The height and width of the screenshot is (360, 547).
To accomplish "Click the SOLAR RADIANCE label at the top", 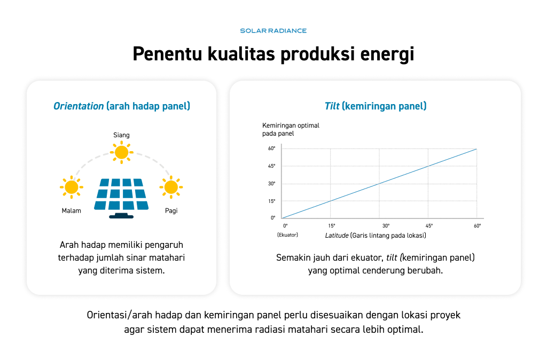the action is pos(273,30).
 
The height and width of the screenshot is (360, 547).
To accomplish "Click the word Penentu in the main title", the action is pos(167,54).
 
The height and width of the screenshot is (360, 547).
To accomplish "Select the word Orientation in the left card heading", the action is pos(79,106).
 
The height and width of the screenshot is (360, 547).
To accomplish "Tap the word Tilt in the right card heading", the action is pos(332,106).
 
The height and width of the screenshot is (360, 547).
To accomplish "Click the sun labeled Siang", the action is pos(121,152).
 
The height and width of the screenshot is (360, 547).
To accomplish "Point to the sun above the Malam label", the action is pos(72,187).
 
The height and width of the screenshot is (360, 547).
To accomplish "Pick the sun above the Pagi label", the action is pos(171,187).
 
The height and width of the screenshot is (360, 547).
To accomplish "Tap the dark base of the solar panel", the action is pos(121,217).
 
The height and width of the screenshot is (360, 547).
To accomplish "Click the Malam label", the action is pos(71,210).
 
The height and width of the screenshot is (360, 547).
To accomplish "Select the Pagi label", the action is pos(171,210).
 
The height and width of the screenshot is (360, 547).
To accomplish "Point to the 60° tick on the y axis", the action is pos(272,148).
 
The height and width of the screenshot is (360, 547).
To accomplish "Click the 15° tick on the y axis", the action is pos(272,201).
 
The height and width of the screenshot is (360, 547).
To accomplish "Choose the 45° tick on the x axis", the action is pos(429,226).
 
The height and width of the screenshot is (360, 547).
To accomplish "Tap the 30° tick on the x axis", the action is pos(386,226).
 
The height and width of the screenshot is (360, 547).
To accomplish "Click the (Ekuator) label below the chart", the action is pos(287,235).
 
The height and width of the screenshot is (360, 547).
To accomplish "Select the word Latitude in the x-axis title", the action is pos(337,236).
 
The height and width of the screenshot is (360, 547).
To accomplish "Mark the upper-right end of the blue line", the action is pos(476,149).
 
